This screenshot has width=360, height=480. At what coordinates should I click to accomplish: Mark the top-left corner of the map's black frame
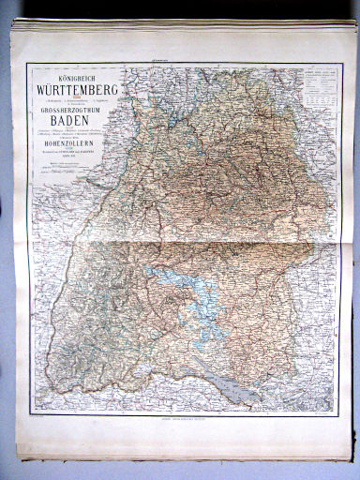[x=27, y=64]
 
